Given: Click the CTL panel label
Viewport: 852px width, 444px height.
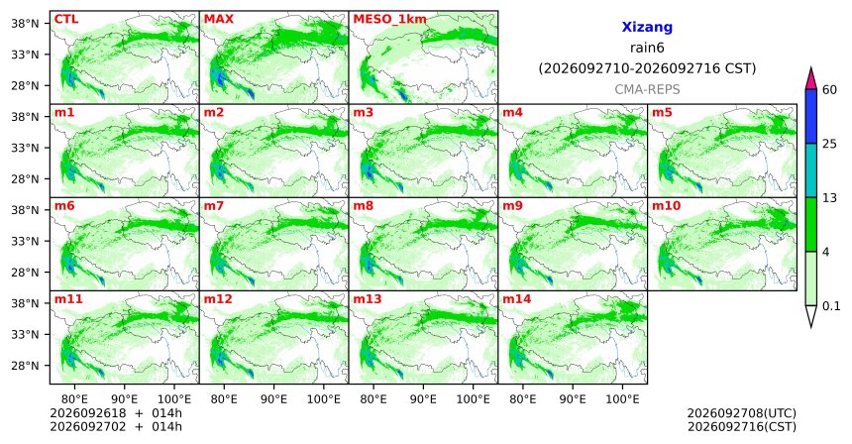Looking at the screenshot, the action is tap(66, 19).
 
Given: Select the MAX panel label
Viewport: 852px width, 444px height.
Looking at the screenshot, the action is tap(218, 19).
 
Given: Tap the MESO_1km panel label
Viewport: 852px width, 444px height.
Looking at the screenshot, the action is tap(389, 20).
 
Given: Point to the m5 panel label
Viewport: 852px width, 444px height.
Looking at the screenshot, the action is tap(662, 113).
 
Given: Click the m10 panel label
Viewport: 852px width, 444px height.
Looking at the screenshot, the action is tap(666, 206).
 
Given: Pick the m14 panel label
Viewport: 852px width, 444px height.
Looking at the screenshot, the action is tap(517, 299).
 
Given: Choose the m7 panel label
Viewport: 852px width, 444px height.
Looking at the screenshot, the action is tap(214, 206).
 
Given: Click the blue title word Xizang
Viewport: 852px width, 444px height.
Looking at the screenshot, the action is tap(647, 27).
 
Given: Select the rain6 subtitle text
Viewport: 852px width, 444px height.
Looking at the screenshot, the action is tap(647, 48).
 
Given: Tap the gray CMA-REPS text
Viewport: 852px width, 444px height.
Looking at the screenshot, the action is tap(647, 89).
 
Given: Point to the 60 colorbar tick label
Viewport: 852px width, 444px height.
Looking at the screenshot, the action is tap(830, 89).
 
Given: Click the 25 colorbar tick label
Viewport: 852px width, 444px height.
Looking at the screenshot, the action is tap(830, 144).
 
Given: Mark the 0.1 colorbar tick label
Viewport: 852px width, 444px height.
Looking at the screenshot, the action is tap(831, 306).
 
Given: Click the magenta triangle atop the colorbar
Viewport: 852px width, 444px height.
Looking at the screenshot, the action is tap(811, 79).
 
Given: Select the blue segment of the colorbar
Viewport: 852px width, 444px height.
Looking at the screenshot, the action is tap(811, 116).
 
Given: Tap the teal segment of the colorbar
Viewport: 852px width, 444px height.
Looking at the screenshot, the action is tap(811, 170).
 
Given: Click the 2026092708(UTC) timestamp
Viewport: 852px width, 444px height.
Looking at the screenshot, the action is tap(742, 414).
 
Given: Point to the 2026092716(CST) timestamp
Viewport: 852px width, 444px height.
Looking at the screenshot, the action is tap(742, 426).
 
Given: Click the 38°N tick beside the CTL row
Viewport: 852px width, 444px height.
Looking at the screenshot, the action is tap(25, 24).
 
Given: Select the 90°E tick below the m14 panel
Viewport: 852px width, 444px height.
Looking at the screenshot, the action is tap(573, 399).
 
